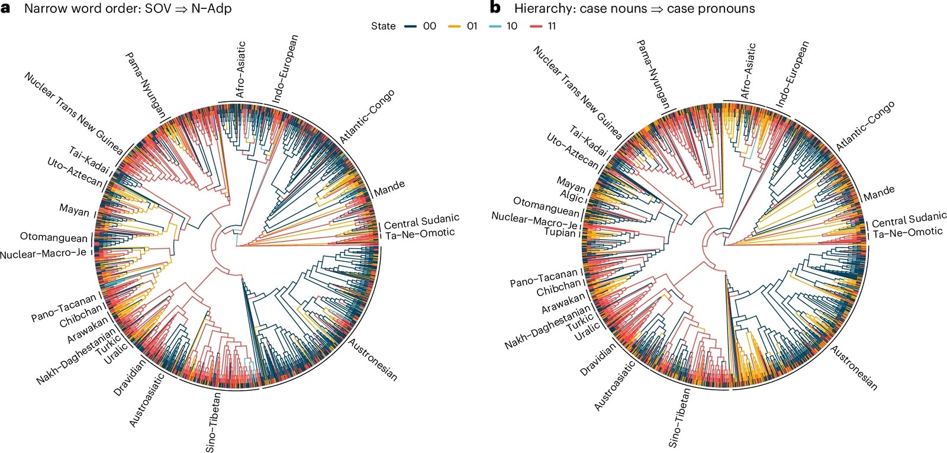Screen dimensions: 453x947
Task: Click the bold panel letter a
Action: [7, 8]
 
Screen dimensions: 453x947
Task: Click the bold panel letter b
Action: [495, 8]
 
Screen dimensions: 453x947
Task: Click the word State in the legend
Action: [383, 26]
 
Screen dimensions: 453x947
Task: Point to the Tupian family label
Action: [559, 232]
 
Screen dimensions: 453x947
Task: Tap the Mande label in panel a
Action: [389, 188]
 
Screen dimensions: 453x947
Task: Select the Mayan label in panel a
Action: [74, 210]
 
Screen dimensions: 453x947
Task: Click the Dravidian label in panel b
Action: [598, 359]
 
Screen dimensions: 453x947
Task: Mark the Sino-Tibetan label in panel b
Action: [679, 418]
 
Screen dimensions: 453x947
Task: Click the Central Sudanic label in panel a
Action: [421, 222]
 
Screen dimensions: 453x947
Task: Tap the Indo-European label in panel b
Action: [792, 74]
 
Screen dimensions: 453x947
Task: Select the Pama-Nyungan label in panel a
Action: [145, 83]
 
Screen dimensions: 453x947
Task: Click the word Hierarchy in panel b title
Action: [541, 8]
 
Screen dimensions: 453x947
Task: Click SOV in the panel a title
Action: [157, 8]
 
